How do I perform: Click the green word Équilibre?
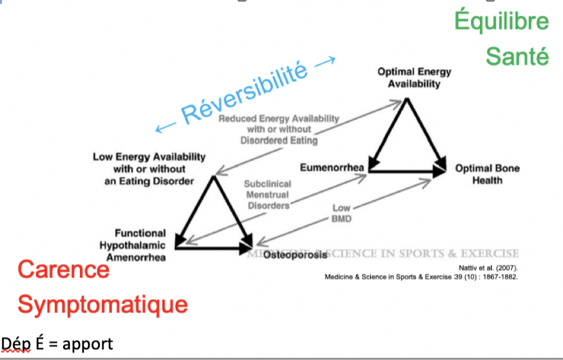click(502, 22)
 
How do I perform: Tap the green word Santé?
click(517, 57)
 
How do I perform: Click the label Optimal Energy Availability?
click(414, 78)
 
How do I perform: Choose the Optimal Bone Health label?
click(487, 174)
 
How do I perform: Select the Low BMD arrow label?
click(341, 214)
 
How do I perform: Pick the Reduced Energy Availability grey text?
click(278, 129)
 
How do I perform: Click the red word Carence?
click(63, 269)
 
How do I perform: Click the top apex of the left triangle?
click(214, 177)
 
